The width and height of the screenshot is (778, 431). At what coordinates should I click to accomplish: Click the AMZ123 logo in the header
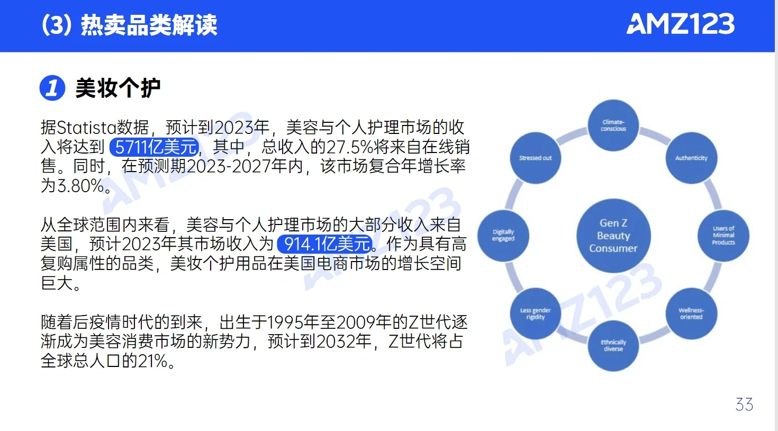[x=681, y=24]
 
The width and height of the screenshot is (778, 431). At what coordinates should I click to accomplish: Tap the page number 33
[x=744, y=405]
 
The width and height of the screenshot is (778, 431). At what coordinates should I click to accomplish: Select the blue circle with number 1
[x=52, y=88]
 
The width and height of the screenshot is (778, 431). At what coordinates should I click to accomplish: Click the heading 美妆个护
[x=117, y=88]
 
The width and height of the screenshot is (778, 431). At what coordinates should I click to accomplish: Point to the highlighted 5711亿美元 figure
[x=155, y=147]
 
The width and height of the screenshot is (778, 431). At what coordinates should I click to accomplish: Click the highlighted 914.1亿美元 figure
[x=324, y=244]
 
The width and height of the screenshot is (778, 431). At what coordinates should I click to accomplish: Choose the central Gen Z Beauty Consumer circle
[x=613, y=236]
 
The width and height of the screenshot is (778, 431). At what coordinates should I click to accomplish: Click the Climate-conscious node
[x=613, y=125]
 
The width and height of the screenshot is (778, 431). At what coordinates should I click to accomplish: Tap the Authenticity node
[x=691, y=158]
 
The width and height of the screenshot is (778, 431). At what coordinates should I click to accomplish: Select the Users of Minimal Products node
[x=723, y=236]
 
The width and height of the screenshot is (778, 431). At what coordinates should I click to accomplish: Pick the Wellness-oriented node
[x=691, y=313]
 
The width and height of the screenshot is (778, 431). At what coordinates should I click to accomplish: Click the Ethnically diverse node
[x=613, y=346]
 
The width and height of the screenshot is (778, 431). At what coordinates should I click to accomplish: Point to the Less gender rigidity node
[x=536, y=313]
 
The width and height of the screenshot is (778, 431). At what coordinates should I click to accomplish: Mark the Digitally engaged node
[x=503, y=236]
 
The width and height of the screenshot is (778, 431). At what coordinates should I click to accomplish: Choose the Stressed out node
[x=536, y=158]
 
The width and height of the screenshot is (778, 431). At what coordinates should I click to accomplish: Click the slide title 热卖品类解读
[x=149, y=25]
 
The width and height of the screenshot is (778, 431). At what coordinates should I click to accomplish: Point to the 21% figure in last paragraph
[x=153, y=361]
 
